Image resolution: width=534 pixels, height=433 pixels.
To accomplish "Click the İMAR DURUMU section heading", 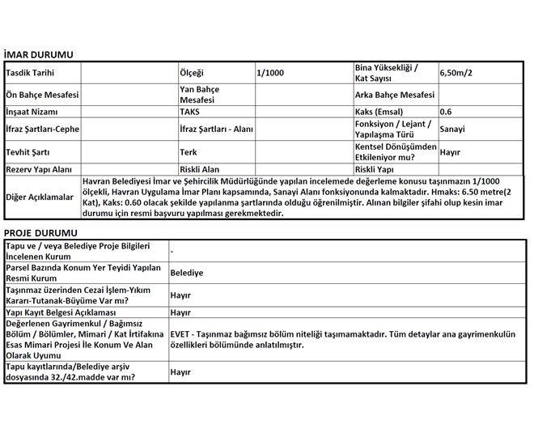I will tap(38, 55).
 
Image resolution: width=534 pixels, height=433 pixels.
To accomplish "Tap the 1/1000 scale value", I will tap(270, 73).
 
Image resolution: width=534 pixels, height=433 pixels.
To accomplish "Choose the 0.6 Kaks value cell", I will tap(446, 112).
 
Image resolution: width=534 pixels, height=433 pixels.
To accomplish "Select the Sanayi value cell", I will tap(452, 129).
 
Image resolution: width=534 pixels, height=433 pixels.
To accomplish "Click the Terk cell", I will tap(188, 151).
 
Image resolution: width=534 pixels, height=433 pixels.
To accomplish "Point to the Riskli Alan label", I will tap(200, 169).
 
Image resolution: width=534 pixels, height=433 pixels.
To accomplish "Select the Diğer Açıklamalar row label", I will tap(40, 197).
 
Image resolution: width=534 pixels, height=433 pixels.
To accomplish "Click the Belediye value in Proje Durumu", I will tap(187, 273).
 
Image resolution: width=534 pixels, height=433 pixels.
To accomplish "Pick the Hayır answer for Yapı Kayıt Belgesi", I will tap(180, 312).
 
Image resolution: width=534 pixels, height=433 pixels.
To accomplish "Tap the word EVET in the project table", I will tap(181, 333).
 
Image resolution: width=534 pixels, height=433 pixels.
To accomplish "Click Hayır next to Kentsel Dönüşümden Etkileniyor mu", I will tap(450, 151).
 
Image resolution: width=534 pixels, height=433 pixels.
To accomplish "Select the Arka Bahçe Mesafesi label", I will tap(395, 95).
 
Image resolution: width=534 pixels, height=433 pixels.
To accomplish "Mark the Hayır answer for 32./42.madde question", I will tap(180, 371).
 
